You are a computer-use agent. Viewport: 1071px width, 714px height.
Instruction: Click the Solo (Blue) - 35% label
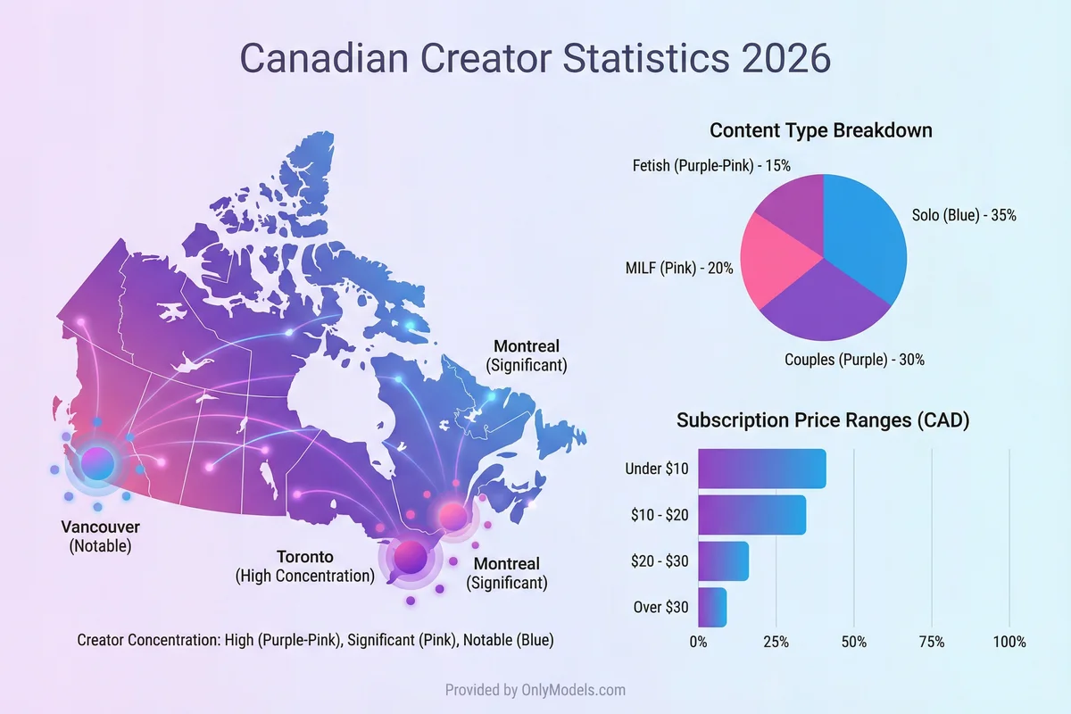pos(964,215)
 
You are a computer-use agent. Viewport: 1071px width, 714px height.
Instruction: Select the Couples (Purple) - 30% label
pos(854,360)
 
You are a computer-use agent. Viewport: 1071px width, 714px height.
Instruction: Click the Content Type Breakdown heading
pos(821,130)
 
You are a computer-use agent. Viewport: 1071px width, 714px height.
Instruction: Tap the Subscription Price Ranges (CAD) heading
pos(822,420)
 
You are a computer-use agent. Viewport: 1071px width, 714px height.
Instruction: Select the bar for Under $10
pos(761,469)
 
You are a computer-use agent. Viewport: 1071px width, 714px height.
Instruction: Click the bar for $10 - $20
pos(751,515)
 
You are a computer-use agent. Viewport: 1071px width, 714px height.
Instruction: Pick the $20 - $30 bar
pos(723,561)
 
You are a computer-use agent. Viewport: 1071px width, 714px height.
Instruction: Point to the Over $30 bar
pos(712,607)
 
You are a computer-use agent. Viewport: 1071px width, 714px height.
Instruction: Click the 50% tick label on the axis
pos(854,642)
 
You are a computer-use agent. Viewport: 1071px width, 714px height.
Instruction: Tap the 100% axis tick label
pos(1009,642)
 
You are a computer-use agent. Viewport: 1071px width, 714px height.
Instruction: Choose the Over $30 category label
pos(660,607)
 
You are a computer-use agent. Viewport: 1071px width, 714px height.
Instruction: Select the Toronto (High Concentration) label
pos(304,567)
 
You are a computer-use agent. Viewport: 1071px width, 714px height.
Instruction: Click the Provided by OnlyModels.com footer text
pos(535,690)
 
